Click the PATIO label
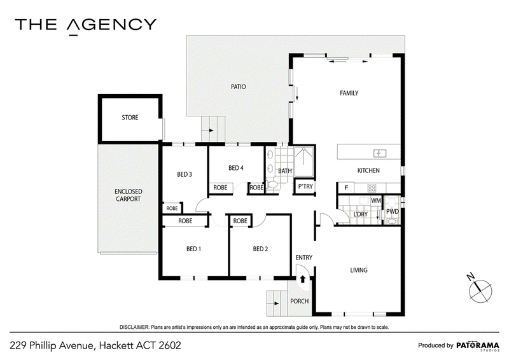[238, 87]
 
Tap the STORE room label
[130, 117]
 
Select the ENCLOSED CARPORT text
[129, 195]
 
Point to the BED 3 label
[185, 174]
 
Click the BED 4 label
[236, 168]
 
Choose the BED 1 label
[193, 249]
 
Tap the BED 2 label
[260, 249]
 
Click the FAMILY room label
[349, 93]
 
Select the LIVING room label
[359, 270]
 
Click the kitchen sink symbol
[379, 153]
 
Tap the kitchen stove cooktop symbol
[372, 188]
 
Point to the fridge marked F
[346, 188]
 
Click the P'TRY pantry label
[305, 186]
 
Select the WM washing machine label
[376, 200]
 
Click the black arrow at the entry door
[303, 279]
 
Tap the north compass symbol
[480, 289]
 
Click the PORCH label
[299, 301]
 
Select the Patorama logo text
[478, 345]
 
